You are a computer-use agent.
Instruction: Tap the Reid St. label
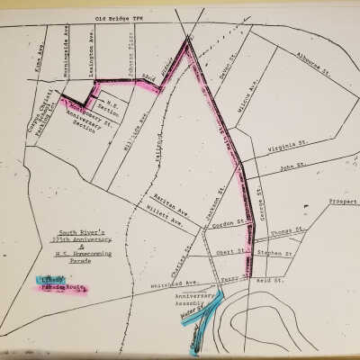coord(274,280)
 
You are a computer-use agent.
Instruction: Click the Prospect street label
coord(343,202)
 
